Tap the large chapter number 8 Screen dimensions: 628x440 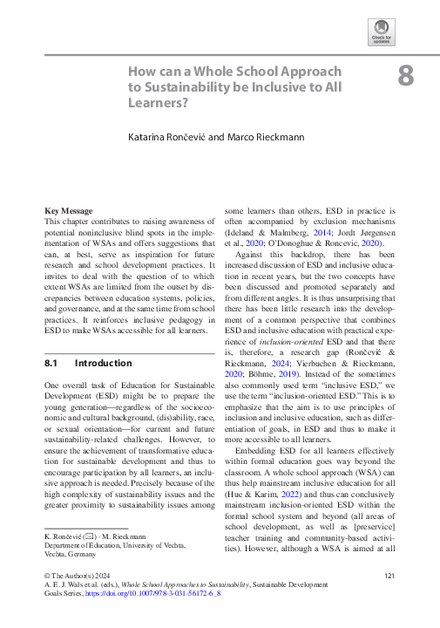point(405,76)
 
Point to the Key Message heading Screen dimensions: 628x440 point(70,211)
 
